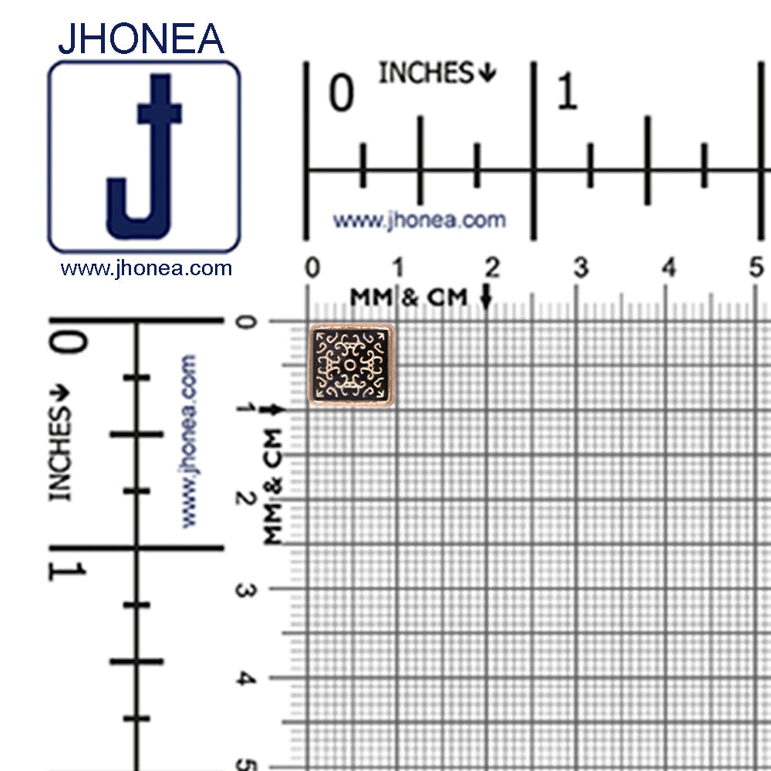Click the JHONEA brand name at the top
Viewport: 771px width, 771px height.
(x=141, y=39)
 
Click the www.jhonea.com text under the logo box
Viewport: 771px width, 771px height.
(x=146, y=268)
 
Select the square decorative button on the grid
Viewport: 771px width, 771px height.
(x=351, y=365)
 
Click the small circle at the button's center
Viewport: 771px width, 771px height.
(x=349, y=365)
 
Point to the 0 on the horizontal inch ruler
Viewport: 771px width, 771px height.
(x=342, y=93)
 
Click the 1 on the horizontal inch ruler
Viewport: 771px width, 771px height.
(x=567, y=90)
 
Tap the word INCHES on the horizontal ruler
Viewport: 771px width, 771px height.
(x=426, y=72)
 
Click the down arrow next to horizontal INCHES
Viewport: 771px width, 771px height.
(x=487, y=72)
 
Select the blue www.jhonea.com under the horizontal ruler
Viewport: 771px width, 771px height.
(x=419, y=220)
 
